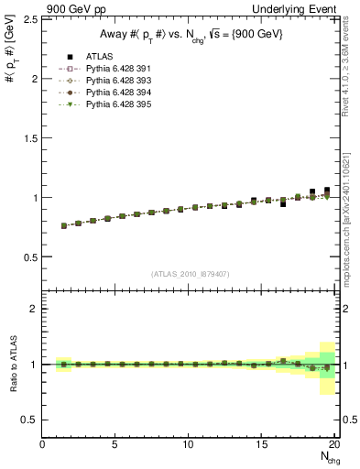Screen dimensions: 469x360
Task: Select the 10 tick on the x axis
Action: (188, 445)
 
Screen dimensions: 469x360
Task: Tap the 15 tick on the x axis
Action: (261, 445)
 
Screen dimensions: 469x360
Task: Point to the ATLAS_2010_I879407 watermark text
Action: (191, 273)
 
